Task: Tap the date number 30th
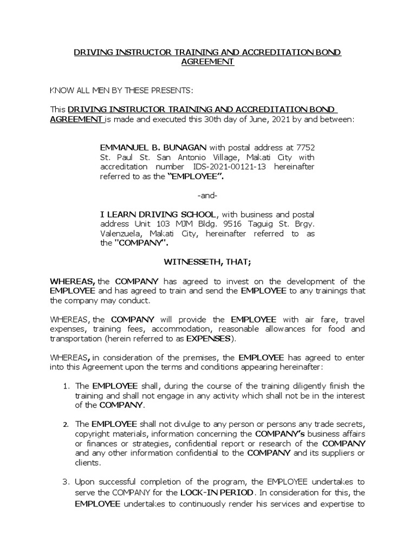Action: (212, 120)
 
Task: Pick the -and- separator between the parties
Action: (207, 196)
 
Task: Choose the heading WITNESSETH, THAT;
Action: (207, 262)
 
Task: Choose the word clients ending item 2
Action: (87, 463)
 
